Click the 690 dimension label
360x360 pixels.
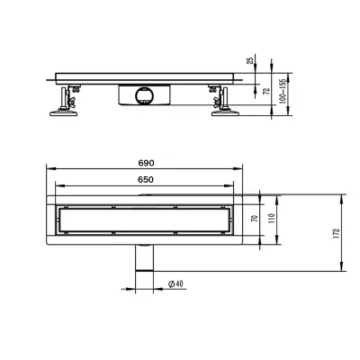(x=146, y=163)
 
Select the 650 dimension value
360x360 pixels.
(x=146, y=179)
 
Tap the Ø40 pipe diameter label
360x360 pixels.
(x=175, y=283)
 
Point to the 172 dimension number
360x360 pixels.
(x=337, y=233)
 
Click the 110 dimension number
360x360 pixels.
(x=272, y=219)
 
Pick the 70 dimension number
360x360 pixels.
(x=255, y=219)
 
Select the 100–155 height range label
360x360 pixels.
(x=283, y=91)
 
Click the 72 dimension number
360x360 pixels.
(x=266, y=91)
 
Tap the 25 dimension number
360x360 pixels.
(x=250, y=59)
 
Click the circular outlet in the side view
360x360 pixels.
(x=145, y=95)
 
